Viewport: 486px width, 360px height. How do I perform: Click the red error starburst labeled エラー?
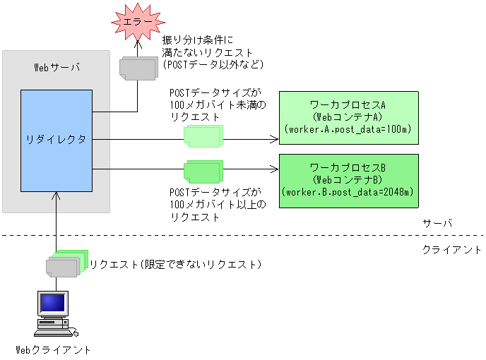point(138,22)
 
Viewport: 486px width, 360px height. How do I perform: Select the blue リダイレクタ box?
point(57,140)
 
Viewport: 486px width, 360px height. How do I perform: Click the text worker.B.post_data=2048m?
point(347,192)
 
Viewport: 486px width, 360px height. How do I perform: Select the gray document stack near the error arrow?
point(138,68)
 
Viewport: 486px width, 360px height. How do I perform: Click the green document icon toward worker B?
point(203,172)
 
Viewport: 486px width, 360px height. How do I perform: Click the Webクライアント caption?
point(54,349)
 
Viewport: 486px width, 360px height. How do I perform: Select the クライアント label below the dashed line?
point(452,250)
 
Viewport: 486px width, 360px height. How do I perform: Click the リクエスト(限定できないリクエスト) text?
point(175,265)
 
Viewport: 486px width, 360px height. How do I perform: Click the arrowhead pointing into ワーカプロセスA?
point(275,139)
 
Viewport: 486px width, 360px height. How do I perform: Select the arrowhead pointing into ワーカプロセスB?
point(275,169)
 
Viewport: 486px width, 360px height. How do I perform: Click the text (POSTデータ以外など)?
point(213,64)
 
